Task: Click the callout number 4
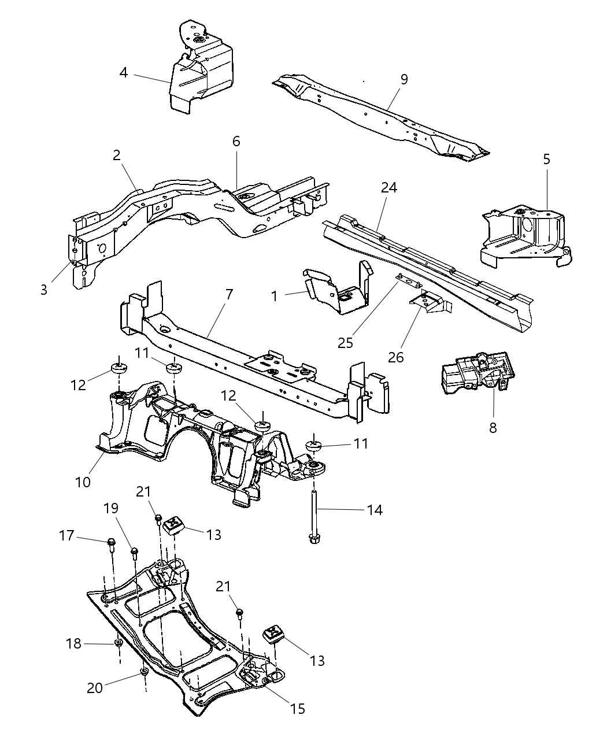click(x=124, y=73)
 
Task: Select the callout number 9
click(x=404, y=79)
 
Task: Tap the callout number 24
click(x=389, y=188)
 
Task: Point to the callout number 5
click(x=547, y=159)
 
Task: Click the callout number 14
click(x=374, y=510)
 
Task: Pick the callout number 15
click(x=298, y=709)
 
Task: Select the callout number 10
click(x=83, y=482)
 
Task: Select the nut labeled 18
click(x=118, y=643)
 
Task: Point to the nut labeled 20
click(x=143, y=672)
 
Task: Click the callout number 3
click(x=44, y=290)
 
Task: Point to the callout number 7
click(x=229, y=294)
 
